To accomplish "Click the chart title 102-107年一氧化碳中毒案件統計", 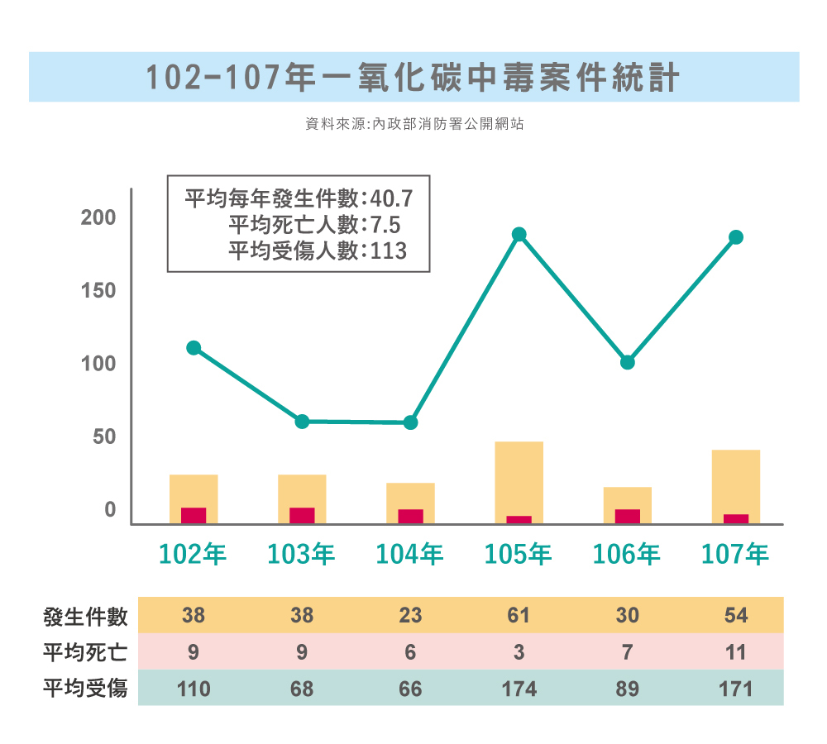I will pyautogui.click(x=413, y=78).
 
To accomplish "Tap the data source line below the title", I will pyautogui.click(x=413, y=125).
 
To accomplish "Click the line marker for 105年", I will pyautogui.click(x=519, y=235).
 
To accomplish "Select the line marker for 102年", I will pyautogui.click(x=194, y=348).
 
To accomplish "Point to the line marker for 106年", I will pyautogui.click(x=628, y=362).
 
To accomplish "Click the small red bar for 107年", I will pyautogui.click(x=736, y=518).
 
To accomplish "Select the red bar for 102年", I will pyautogui.click(x=194, y=515).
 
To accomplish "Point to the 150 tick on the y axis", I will pyautogui.click(x=98, y=291).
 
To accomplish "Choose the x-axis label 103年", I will pyautogui.click(x=302, y=554).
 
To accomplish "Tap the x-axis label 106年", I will pyautogui.click(x=627, y=554).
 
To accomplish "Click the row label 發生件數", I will pyautogui.click(x=85, y=616).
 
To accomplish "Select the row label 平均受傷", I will pyautogui.click(x=85, y=688).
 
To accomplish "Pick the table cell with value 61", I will pyautogui.click(x=519, y=616).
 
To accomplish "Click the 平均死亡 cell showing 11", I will pyautogui.click(x=736, y=652).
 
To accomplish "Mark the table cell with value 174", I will pyautogui.click(x=519, y=689).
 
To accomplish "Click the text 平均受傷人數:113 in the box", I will pyautogui.click(x=318, y=250).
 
